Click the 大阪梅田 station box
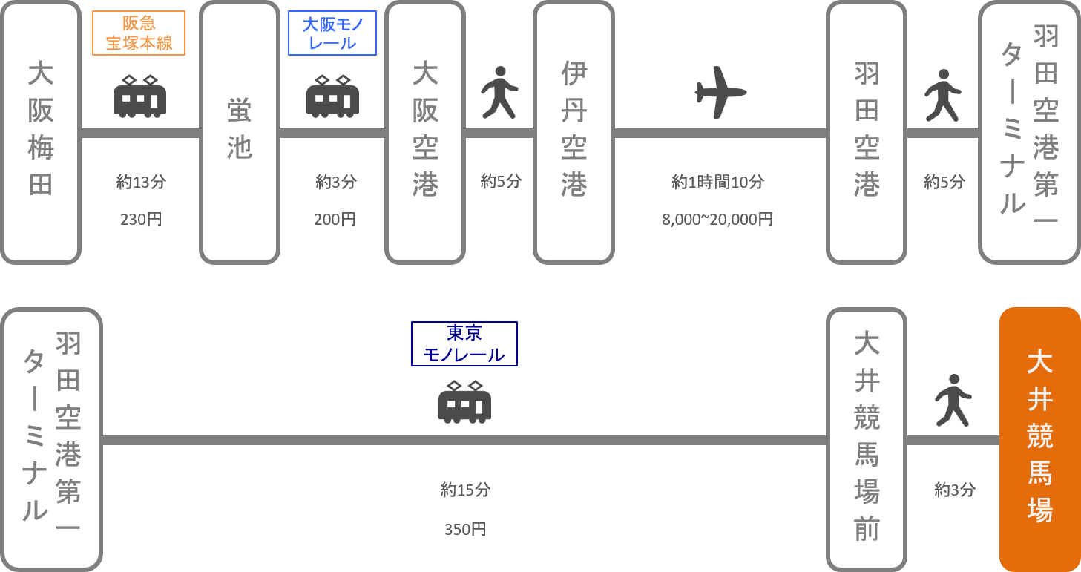coord(41,132)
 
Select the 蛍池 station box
coord(239,132)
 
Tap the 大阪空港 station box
coord(424,132)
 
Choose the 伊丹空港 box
coord(574,132)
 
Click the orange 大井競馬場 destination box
coord(1039,438)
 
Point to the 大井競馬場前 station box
coord(867,438)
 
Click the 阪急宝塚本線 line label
coord(139,33)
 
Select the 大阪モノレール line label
coord(332,33)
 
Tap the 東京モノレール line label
coord(464,344)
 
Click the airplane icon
coord(720,92)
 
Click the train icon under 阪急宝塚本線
coord(139,96)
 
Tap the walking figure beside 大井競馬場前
coord(953,401)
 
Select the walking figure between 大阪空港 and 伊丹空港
coord(499,93)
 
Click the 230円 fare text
coord(140,220)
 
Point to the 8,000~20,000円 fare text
coord(717,220)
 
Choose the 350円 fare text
coord(465,530)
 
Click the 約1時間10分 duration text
coord(717,182)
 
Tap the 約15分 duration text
coord(465,490)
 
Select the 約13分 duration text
coord(140,182)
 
